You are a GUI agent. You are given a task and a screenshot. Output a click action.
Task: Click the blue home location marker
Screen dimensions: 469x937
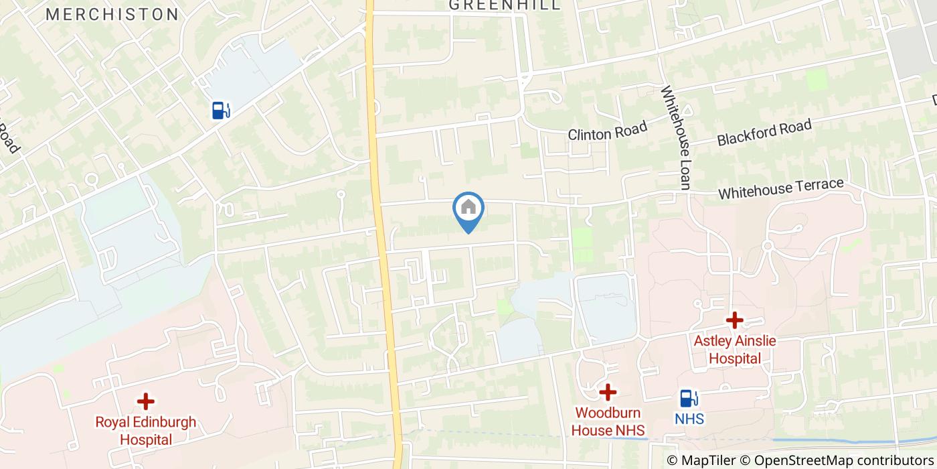coord(468,212)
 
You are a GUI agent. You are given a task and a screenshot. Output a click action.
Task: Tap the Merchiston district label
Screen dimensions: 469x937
coord(112,13)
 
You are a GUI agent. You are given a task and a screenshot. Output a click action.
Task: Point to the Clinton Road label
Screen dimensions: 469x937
coord(608,131)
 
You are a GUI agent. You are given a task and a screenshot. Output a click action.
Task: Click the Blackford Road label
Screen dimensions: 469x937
coord(764,133)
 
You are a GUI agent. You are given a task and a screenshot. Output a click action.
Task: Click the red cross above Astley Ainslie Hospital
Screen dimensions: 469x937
coord(734,320)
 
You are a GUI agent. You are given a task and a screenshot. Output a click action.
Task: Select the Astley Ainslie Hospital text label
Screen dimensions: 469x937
coord(734,349)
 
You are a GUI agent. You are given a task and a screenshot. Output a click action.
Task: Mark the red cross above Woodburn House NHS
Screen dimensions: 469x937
coord(608,391)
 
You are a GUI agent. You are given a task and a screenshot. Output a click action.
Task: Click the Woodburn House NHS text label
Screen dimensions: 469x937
coord(608,421)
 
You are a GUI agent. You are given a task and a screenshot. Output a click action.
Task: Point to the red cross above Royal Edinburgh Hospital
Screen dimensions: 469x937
coord(145,401)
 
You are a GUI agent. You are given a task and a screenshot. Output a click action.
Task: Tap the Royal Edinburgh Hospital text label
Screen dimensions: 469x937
coord(146,431)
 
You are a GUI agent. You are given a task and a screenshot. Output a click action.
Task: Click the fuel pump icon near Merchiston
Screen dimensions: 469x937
coord(221,110)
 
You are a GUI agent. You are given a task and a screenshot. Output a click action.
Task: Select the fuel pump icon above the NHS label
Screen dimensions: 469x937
coord(689,399)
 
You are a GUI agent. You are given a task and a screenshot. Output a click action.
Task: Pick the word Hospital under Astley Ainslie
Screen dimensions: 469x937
coord(734,358)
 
